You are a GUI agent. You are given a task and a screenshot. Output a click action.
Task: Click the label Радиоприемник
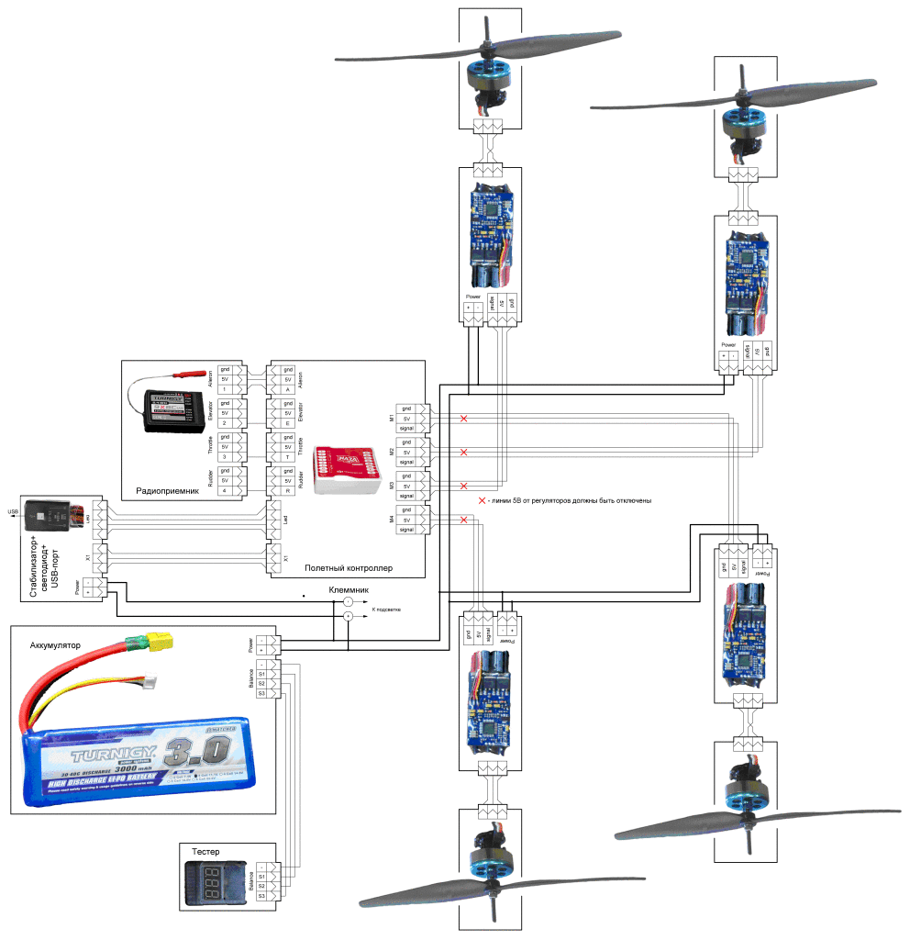point(167,491)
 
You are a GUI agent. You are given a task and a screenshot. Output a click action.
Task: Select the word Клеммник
point(349,589)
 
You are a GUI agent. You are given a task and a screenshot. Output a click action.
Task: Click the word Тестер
point(206,852)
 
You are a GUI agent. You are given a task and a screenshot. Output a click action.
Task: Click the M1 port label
point(392,418)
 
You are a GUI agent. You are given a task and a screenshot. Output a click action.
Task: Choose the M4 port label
point(392,520)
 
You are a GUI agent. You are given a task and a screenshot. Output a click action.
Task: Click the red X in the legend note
point(483,501)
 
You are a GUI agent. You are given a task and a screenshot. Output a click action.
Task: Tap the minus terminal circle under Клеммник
point(349,601)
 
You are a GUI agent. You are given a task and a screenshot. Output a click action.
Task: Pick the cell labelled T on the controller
point(288,456)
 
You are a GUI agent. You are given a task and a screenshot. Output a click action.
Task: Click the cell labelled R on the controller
point(288,491)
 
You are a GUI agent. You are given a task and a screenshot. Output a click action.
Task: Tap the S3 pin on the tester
point(261,896)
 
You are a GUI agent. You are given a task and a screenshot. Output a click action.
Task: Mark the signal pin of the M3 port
point(406,496)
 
